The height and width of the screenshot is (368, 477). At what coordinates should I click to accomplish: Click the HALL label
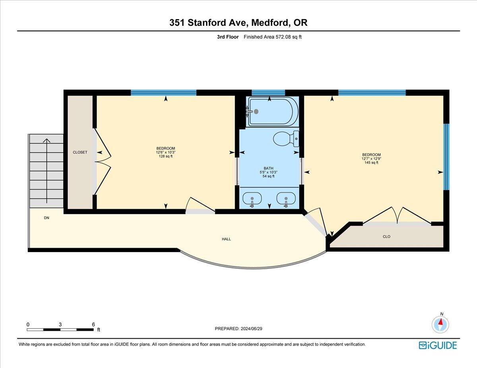click(x=226, y=239)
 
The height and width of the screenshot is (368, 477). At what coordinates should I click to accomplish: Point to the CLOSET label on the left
click(x=80, y=152)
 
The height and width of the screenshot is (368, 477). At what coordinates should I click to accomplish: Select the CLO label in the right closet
click(x=386, y=237)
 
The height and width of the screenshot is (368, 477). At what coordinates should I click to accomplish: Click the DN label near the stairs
click(x=47, y=218)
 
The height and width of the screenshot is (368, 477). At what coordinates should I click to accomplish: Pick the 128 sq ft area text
click(x=166, y=156)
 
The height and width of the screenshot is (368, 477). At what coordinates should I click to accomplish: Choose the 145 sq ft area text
click(x=371, y=162)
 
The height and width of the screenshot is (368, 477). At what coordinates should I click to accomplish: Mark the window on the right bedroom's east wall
click(x=446, y=157)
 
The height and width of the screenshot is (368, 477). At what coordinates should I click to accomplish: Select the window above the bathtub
click(x=268, y=93)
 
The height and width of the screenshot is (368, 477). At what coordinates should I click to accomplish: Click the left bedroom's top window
click(x=163, y=93)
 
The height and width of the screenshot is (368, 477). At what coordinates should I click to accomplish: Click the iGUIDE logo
click(x=438, y=345)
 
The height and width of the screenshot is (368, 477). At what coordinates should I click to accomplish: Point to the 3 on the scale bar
click(x=60, y=324)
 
